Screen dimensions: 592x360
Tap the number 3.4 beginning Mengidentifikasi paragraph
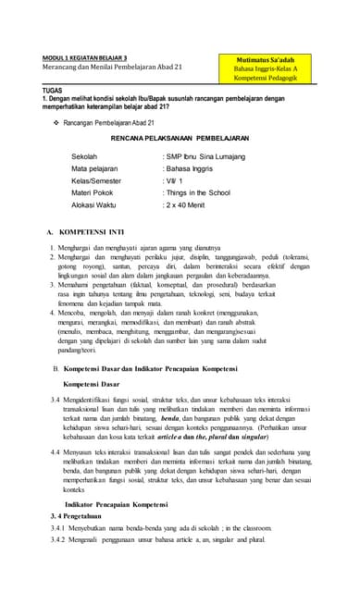(x=56, y=398)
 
